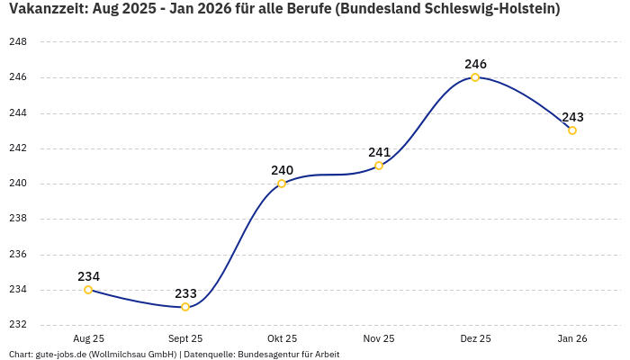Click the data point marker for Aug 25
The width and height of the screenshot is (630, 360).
point(88,290)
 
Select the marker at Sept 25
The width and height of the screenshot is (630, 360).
point(185,307)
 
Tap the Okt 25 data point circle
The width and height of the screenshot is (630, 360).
point(282,184)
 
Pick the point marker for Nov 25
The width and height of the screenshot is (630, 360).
point(379,166)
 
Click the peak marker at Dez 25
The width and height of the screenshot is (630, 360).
point(475,77)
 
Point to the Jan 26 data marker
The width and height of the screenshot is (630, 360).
point(572,130)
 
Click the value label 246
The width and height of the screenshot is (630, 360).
point(475,64)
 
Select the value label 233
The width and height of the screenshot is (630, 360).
point(185,293)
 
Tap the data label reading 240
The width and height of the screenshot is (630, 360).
point(282,170)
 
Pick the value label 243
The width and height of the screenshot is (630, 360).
point(572,117)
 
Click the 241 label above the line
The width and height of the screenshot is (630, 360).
point(379,152)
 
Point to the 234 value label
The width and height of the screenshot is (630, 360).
point(88,276)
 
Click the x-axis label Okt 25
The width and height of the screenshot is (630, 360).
point(282,338)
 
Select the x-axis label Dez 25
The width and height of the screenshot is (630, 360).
point(475,338)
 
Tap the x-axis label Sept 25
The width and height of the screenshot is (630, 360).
point(185,338)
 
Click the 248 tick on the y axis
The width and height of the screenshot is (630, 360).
point(17,42)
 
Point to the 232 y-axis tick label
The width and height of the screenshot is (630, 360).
point(17,325)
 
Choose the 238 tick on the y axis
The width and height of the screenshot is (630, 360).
point(17,219)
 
